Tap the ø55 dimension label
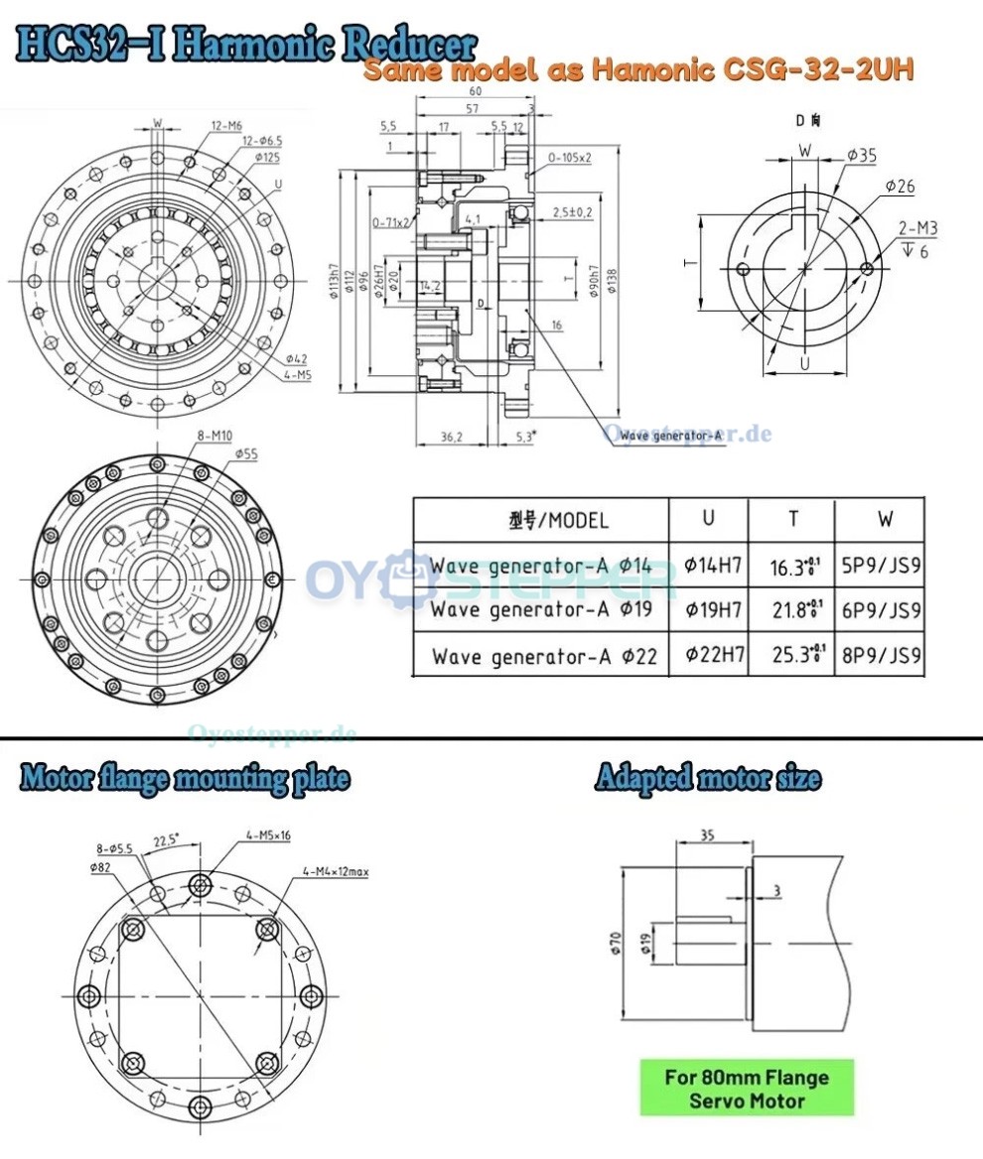247,453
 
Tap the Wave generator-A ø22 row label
544,656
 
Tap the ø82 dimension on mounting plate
99,867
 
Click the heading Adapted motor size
707,778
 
